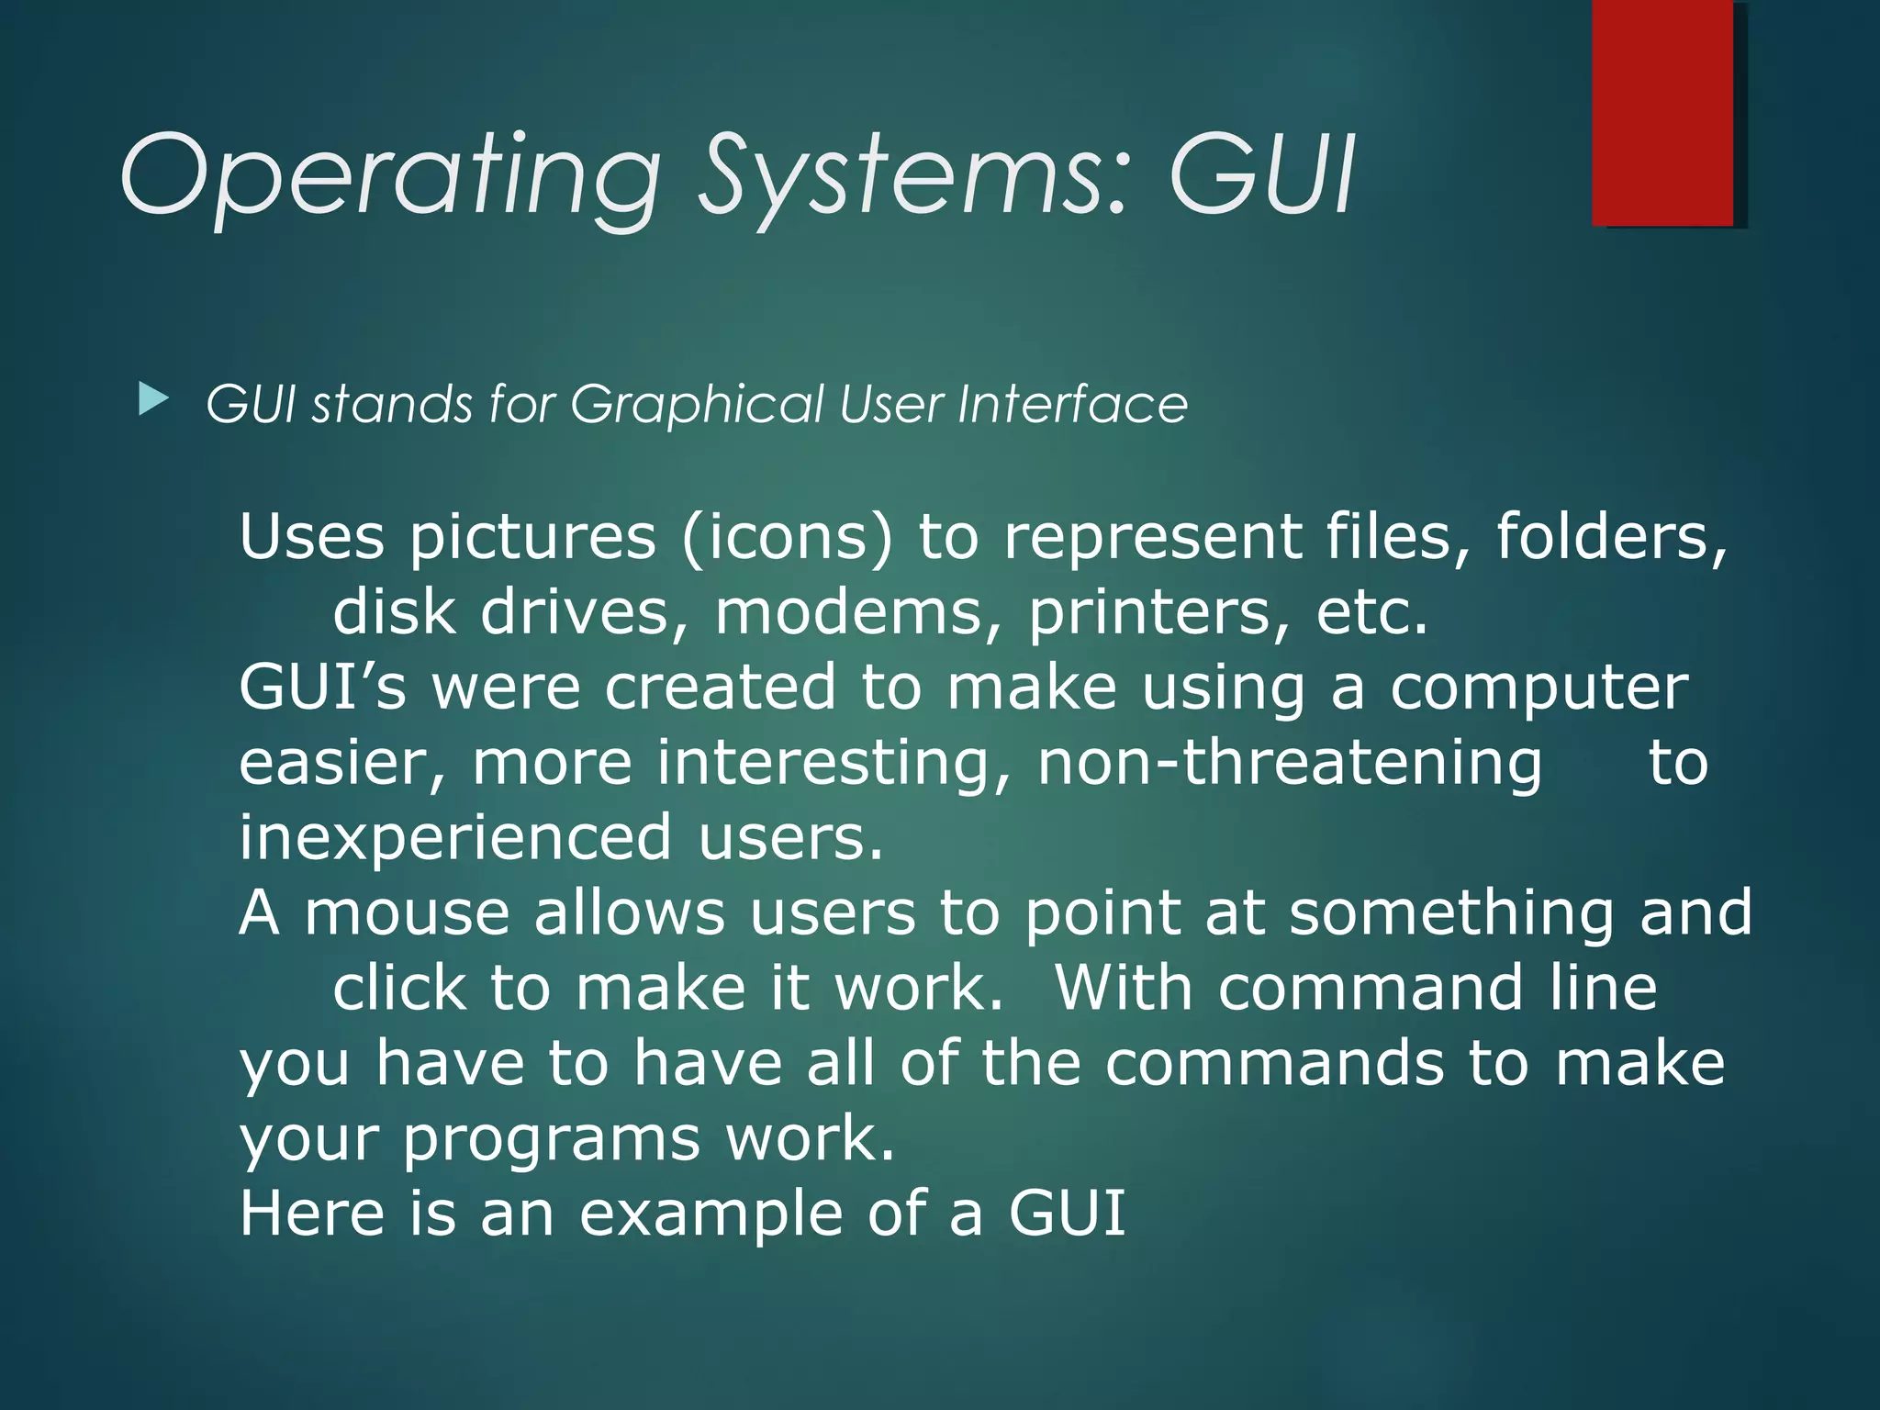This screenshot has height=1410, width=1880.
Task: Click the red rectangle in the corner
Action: click(1662, 113)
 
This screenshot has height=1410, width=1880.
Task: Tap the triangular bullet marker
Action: click(152, 400)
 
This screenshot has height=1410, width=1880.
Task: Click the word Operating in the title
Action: click(390, 174)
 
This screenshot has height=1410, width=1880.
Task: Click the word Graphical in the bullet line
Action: click(697, 405)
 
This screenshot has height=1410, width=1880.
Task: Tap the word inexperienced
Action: click(455, 837)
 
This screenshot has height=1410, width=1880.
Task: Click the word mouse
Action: click(406, 913)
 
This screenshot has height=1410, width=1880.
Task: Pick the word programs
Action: click(552, 1140)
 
